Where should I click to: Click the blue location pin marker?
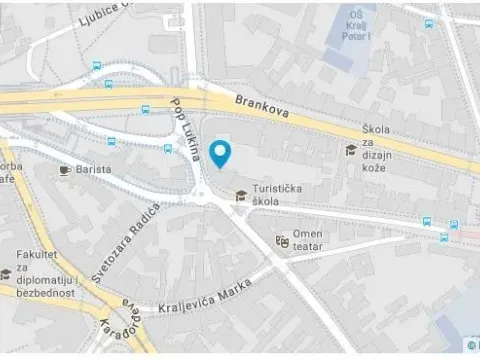(x=221, y=152)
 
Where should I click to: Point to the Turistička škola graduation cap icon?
(x=241, y=195)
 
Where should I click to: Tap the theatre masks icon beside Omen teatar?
(x=282, y=240)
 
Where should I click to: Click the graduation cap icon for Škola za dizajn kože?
(x=350, y=150)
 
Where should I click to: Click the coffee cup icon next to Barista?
(x=66, y=170)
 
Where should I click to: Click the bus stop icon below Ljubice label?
(x=95, y=67)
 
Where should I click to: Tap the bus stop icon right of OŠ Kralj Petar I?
(x=429, y=23)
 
